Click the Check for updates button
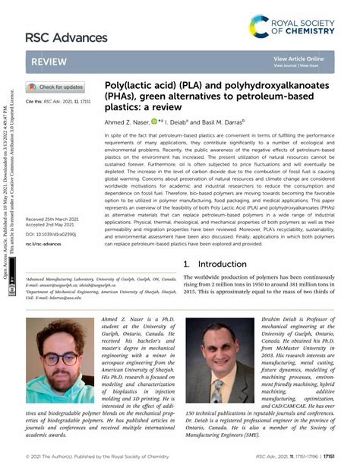click(x=55, y=87)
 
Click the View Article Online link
click(x=298, y=58)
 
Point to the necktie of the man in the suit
click(x=217, y=388)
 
